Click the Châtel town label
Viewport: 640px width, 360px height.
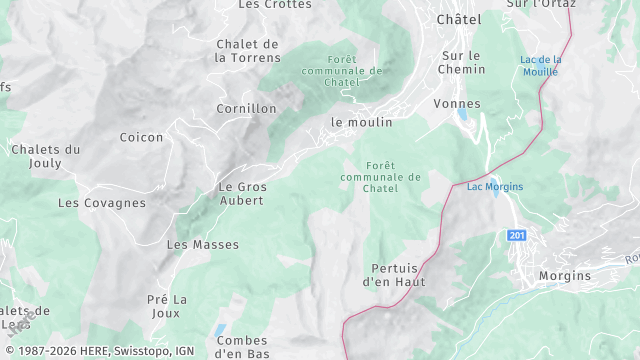pos(459,19)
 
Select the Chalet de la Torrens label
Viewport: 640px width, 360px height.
pos(247,50)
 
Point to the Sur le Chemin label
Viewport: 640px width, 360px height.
pos(461,62)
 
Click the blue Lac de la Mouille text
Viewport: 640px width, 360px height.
pos(541,65)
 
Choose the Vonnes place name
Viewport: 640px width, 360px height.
pos(457,104)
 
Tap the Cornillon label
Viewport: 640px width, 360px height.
pos(246,108)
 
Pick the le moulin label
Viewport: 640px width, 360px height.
pos(362,122)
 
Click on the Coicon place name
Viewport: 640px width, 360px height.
pos(141,137)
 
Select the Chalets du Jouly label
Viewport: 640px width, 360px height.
pos(45,156)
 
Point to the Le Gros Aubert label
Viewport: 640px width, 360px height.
pos(241,193)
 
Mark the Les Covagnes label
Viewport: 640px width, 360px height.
pos(102,203)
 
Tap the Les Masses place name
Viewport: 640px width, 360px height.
pos(203,244)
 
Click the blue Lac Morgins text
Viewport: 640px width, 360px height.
pos(495,186)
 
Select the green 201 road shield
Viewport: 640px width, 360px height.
pos(516,235)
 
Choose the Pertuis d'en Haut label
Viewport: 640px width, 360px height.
pos(398,275)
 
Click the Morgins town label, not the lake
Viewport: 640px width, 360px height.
pos(564,276)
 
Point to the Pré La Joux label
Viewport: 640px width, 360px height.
pos(167,306)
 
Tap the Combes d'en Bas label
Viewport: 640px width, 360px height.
pos(242,347)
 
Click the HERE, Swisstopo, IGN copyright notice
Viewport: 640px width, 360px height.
pos(98,351)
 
